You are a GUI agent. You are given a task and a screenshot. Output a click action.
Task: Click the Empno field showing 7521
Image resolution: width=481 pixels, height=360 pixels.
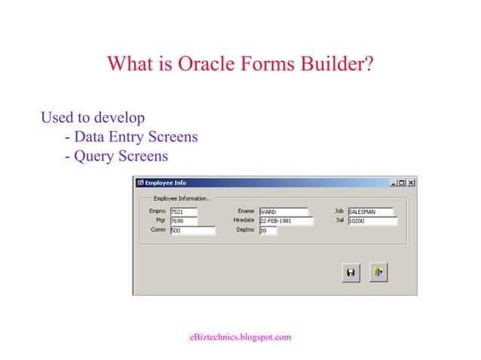pyautogui.click(x=183, y=212)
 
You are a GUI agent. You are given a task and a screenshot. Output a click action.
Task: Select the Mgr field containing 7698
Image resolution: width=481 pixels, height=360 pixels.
pyautogui.click(x=183, y=221)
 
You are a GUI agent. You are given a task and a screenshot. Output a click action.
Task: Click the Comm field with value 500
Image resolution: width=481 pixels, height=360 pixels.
pyautogui.click(x=192, y=230)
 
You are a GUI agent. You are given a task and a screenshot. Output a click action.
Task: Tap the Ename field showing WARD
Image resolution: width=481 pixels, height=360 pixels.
pyautogui.click(x=283, y=212)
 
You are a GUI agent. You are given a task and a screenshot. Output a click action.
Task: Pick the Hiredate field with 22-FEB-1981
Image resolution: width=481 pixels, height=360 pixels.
pyautogui.click(x=285, y=221)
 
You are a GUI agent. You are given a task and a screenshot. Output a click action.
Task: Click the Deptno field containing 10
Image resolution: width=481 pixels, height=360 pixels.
pyautogui.click(x=268, y=230)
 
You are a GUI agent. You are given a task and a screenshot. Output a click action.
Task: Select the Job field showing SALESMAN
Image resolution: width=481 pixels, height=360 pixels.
pyautogui.click(x=370, y=212)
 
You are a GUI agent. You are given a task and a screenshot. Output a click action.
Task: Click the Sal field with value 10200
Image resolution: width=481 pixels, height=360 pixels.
pyautogui.click(x=372, y=221)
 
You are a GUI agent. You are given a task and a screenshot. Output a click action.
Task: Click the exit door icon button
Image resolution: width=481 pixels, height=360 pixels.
pyautogui.click(x=378, y=273)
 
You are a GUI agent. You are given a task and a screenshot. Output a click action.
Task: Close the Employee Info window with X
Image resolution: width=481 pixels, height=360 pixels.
pyautogui.click(x=411, y=183)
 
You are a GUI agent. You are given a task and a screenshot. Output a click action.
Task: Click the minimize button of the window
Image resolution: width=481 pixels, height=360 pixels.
pyautogui.click(x=393, y=183)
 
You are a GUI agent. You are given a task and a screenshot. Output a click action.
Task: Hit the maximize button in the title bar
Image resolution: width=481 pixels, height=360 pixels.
pyautogui.click(x=402, y=183)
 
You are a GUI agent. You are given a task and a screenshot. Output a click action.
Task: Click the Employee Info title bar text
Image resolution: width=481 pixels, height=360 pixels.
pyautogui.click(x=165, y=183)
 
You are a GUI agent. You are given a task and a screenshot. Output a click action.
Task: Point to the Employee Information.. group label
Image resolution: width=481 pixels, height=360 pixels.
pyautogui.click(x=181, y=198)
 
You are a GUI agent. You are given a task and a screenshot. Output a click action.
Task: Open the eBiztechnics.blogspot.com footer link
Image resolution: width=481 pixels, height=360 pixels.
pyautogui.click(x=240, y=337)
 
